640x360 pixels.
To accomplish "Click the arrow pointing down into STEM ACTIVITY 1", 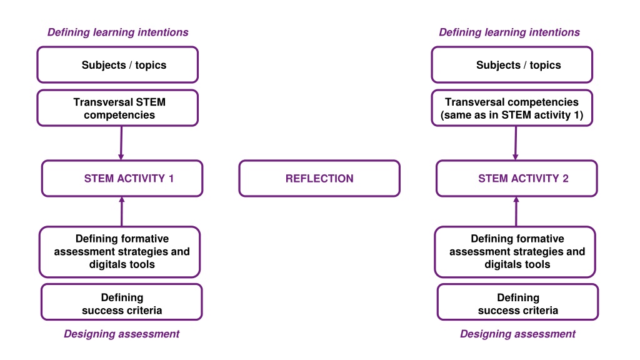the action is [x=121, y=143].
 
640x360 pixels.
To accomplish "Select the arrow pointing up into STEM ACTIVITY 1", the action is [x=122, y=211].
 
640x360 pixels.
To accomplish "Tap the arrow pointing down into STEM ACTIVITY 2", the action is [x=516, y=143].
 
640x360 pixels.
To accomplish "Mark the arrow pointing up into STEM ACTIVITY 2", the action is [x=516, y=211].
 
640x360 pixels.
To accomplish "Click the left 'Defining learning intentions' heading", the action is [x=118, y=32].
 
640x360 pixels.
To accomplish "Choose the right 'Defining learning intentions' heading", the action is [x=509, y=32].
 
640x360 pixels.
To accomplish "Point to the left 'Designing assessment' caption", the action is [x=122, y=334].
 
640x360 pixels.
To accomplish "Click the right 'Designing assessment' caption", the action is [x=517, y=334].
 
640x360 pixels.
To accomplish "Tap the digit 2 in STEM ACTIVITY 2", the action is [x=565, y=178].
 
